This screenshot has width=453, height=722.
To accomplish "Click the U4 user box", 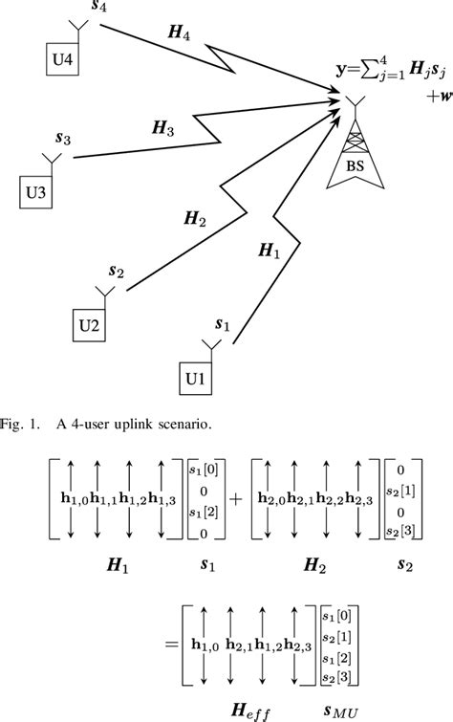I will tap(63, 59).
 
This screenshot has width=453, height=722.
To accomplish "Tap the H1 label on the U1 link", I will tap(270, 252).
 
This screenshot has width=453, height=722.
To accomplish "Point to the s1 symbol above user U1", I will tap(222, 325).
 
